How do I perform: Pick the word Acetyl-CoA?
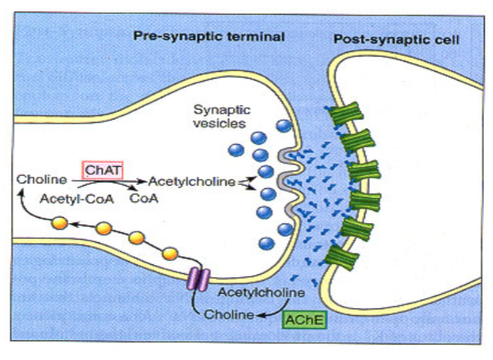(66, 197)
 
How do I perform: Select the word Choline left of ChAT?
(38, 178)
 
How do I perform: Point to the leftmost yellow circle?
(59, 222)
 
